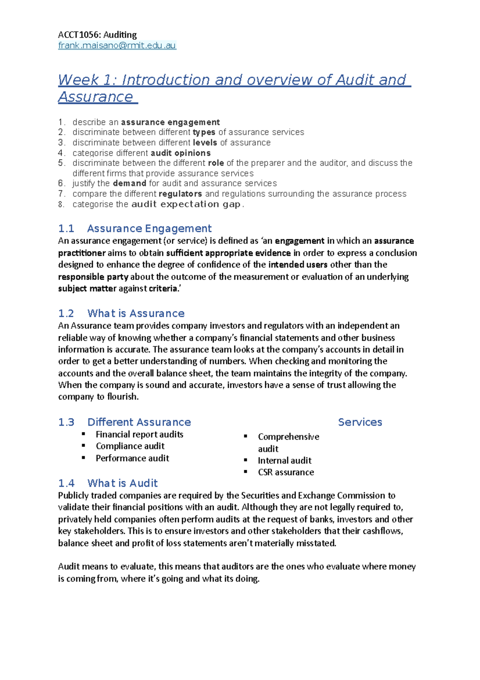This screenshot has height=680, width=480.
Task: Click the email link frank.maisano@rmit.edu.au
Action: point(117,45)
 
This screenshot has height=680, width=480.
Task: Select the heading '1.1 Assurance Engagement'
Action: point(135,228)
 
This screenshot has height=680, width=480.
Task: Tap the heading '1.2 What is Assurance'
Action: point(121,313)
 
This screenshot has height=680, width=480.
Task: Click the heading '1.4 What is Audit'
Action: point(108,483)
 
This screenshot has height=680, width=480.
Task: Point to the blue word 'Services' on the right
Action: point(360,422)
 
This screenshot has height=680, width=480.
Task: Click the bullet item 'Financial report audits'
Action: point(139,435)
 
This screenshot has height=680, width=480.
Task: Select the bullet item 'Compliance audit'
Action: point(130,446)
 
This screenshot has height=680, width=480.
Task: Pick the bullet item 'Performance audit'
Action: point(132,458)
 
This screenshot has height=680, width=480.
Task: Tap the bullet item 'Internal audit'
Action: point(284,461)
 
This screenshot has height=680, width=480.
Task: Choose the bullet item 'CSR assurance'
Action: point(286,472)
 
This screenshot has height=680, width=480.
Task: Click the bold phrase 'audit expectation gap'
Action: point(186,204)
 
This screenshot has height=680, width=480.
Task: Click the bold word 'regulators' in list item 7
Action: point(180,194)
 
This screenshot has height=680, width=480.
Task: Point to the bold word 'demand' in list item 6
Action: point(129,183)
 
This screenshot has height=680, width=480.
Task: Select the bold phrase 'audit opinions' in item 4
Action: point(180,153)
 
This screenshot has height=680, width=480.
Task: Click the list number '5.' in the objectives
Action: point(61,163)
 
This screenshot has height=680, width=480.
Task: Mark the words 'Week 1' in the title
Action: point(84,80)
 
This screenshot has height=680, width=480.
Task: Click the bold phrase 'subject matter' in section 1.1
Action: point(87,289)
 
